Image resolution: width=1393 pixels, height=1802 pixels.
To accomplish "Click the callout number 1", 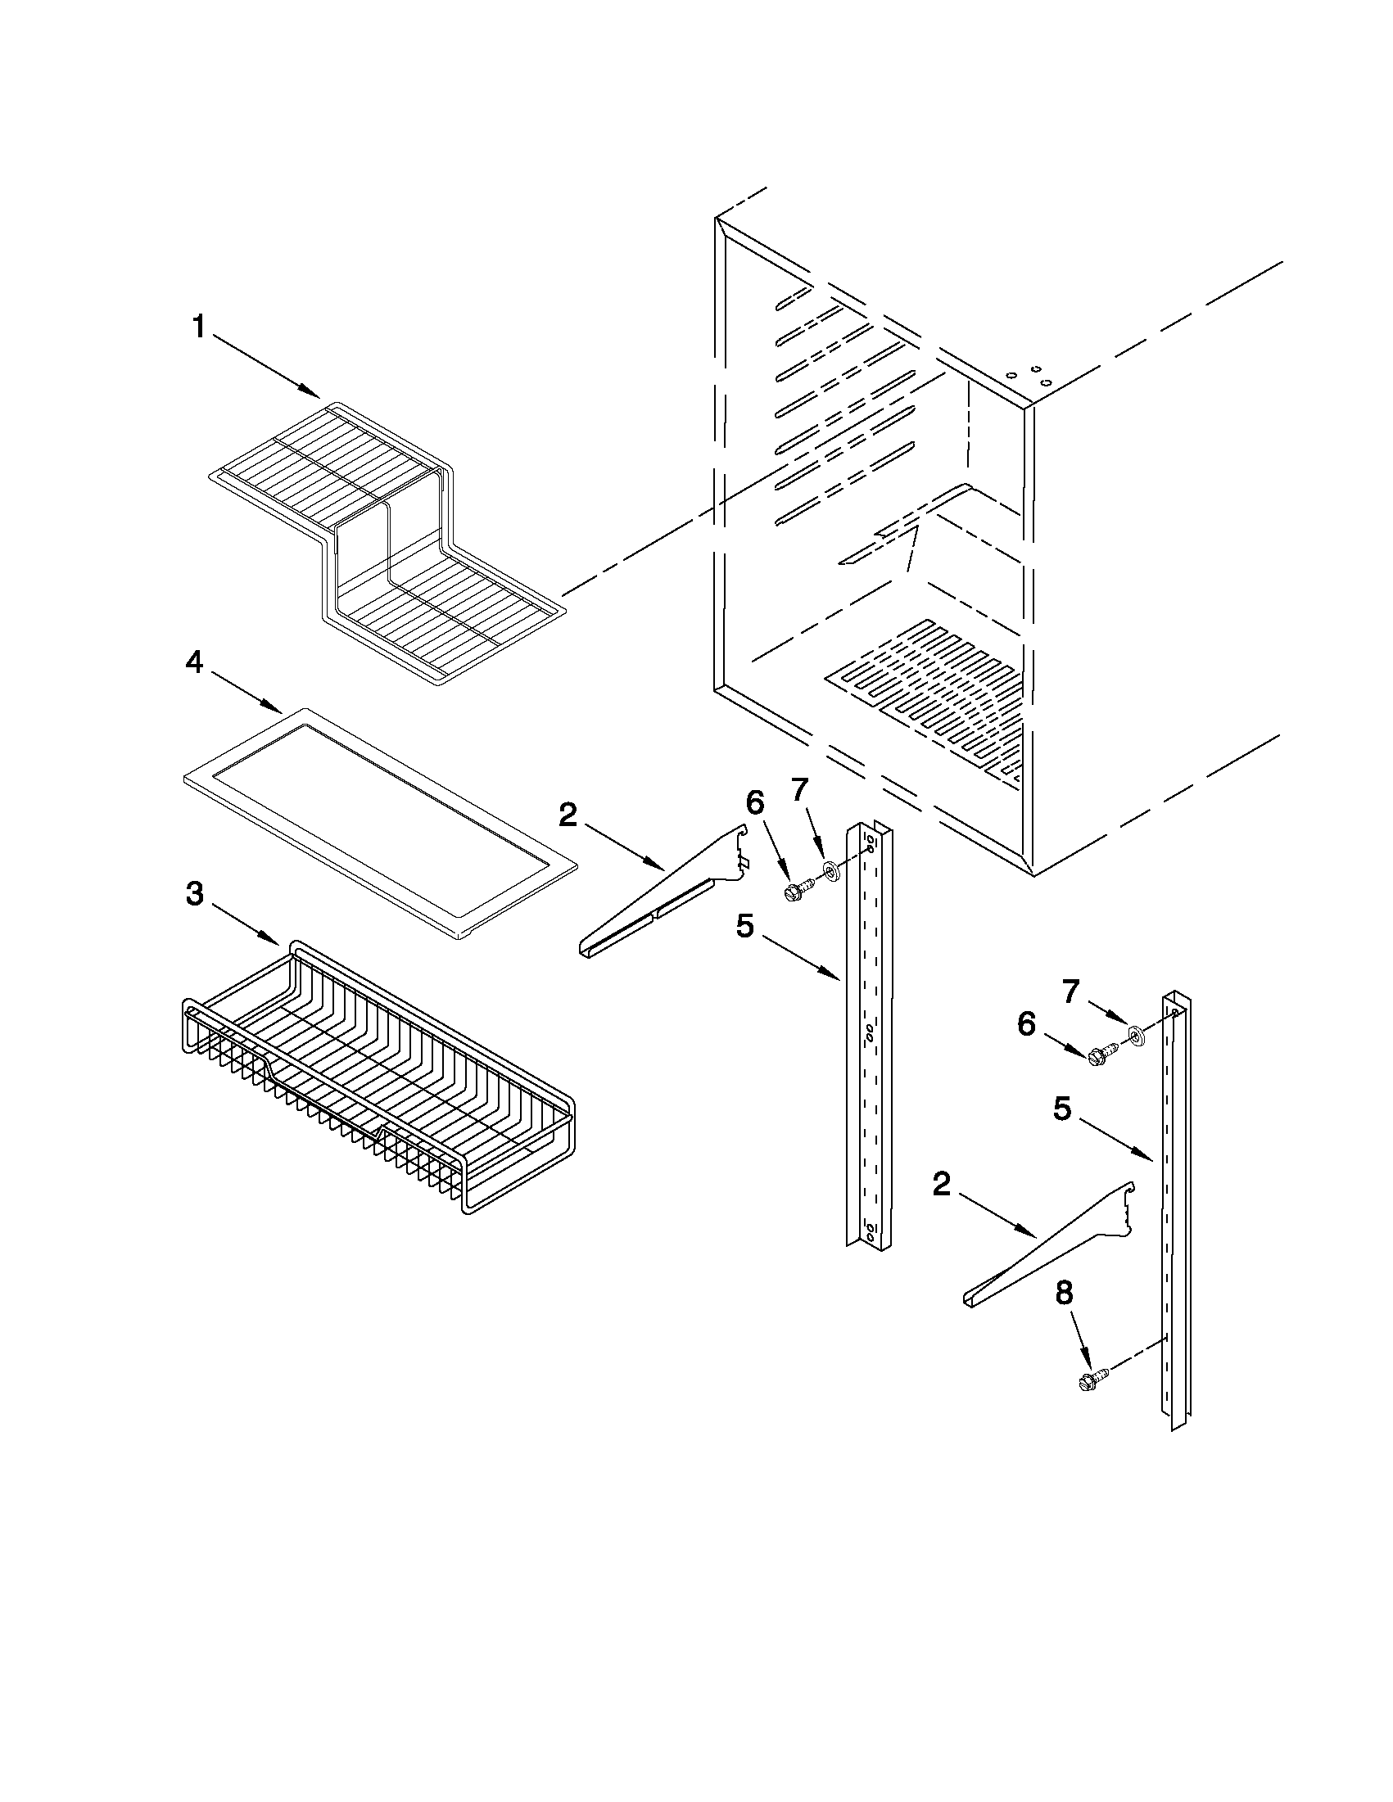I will pos(198,327).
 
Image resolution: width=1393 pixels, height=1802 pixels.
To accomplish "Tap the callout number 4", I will pos(195,662).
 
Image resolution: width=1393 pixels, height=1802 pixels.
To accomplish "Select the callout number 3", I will pos(195,894).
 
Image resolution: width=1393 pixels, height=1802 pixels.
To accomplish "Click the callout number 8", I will pos(1065,1293).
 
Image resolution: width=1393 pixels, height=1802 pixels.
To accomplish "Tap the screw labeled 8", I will pos(1090,1380).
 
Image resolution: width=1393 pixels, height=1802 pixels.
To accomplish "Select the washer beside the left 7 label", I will pos(829,869).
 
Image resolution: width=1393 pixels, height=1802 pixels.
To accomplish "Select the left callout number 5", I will pos(745,927).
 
